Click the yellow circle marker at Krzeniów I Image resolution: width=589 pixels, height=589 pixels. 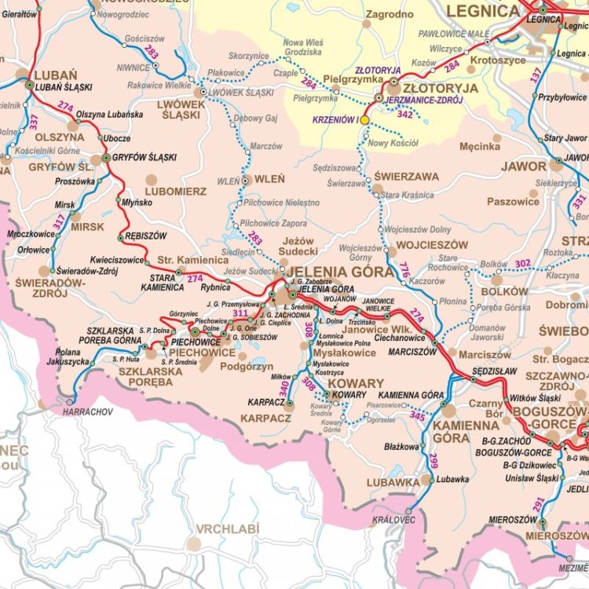click(364, 120)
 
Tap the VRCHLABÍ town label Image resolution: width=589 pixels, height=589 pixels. click(227, 529)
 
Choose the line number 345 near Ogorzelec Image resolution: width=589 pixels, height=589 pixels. click(417, 416)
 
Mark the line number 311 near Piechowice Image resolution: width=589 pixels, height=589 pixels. click(240, 313)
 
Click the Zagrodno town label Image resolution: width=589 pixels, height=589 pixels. click(390, 14)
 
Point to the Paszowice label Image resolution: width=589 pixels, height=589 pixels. click(513, 201)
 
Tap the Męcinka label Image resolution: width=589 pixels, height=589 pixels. click(480, 146)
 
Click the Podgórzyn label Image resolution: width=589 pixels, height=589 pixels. click(246, 366)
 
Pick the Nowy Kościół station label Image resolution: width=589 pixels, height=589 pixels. click(393, 143)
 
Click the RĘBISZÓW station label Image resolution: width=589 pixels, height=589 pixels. click(146, 235)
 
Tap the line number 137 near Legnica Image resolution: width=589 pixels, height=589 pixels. click(536, 75)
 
